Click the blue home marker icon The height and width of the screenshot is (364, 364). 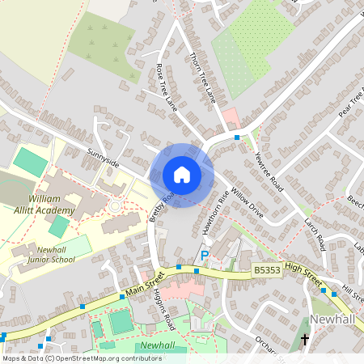coord(182,175)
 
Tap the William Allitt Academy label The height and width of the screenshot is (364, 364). coord(51,204)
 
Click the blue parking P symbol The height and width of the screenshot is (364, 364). coord(204,255)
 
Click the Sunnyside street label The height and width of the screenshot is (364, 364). coord(104,158)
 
